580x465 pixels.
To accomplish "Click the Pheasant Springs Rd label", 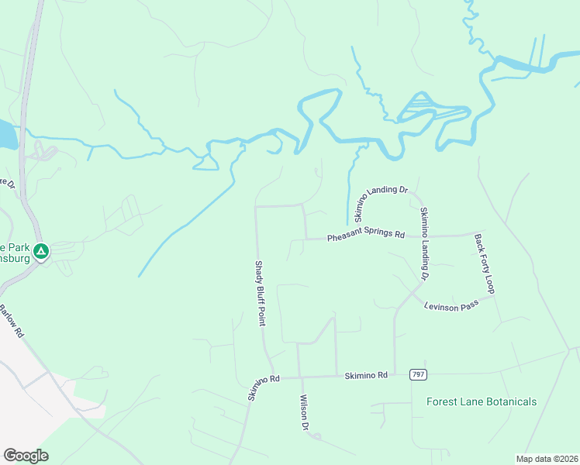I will click(366, 236).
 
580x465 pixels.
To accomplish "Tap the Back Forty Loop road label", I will click(484, 263).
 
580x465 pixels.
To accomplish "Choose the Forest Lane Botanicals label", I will click(482, 401).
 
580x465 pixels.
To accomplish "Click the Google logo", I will click(26, 456).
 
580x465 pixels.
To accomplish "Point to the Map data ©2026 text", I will click(547, 459).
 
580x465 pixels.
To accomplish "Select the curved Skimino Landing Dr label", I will click(380, 198).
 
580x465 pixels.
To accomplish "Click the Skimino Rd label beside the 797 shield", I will click(365, 375).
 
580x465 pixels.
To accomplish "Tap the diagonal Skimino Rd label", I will click(263, 385).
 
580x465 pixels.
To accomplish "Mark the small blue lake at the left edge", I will click(6, 135).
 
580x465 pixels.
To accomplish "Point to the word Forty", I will click(485, 265).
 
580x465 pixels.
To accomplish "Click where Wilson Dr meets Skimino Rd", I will click(299, 377).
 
